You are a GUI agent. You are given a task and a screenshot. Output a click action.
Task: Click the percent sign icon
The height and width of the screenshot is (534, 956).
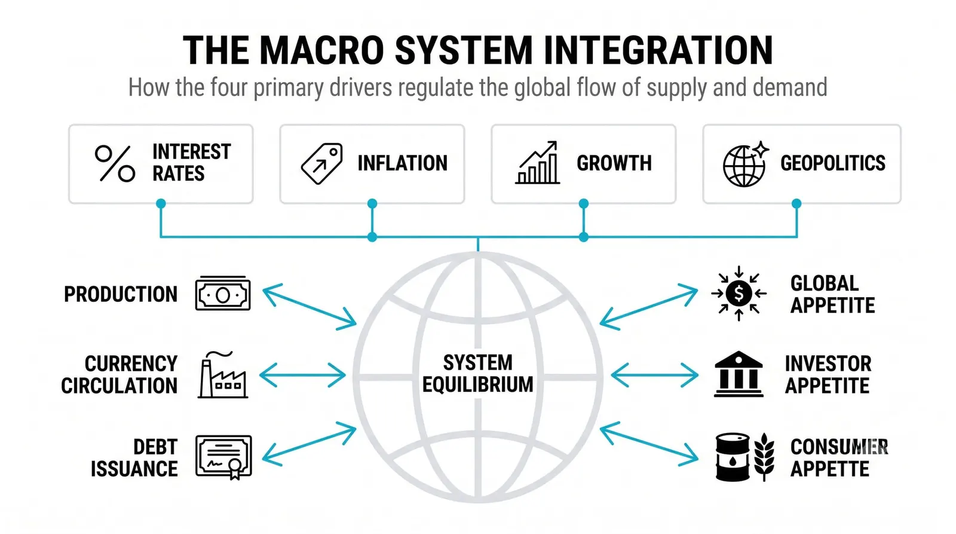(115, 164)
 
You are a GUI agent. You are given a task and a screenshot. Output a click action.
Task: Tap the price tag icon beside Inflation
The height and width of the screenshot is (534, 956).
(322, 164)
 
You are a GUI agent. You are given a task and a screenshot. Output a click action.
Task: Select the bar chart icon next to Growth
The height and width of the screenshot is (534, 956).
(537, 163)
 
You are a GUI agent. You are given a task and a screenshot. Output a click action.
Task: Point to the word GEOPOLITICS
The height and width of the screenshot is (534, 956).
(833, 163)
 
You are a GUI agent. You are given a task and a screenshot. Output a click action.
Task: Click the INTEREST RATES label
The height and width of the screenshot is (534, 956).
(192, 163)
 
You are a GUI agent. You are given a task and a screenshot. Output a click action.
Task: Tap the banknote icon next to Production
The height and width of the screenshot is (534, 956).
(223, 293)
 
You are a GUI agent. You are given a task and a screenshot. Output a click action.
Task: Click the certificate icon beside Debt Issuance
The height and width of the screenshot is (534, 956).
(223, 457)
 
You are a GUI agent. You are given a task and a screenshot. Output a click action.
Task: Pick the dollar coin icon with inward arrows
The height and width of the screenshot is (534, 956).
(739, 293)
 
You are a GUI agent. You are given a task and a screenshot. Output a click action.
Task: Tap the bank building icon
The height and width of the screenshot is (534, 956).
(739, 374)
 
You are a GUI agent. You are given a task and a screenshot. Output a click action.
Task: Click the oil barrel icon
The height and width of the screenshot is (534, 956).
(733, 457)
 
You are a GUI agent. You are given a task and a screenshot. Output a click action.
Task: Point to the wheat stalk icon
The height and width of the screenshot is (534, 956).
(764, 457)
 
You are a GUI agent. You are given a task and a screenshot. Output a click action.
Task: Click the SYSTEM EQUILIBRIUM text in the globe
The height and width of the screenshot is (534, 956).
(477, 374)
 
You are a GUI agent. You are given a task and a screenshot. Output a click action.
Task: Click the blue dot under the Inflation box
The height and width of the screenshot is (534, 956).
(372, 203)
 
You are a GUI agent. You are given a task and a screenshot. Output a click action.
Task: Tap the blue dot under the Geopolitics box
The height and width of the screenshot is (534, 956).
(796, 203)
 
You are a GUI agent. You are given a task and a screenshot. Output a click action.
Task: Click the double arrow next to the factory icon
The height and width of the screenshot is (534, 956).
(302, 375)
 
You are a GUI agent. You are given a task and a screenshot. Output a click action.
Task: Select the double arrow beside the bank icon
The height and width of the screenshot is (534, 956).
(654, 375)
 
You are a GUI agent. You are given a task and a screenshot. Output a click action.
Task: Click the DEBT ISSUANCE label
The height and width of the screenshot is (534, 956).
(134, 458)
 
